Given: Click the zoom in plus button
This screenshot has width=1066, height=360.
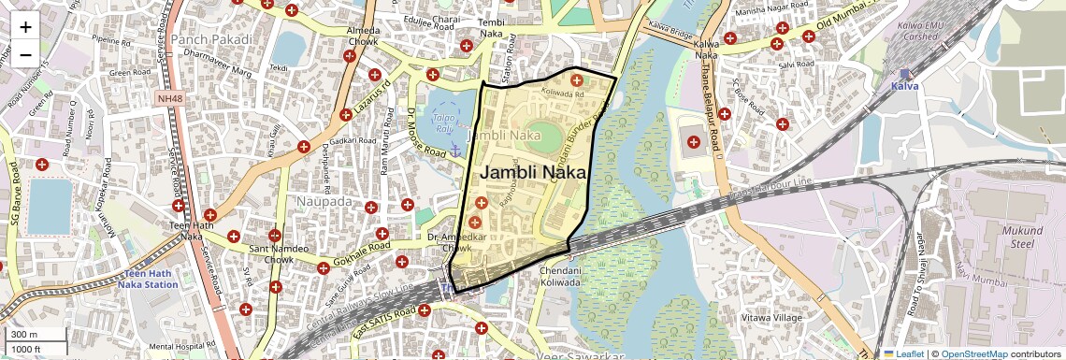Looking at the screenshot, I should click(25, 26).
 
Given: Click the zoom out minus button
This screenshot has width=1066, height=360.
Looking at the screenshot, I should click(25, 54).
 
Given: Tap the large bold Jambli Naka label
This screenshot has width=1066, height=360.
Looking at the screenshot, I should click(533, 173).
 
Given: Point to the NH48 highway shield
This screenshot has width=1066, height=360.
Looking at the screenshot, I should click(170, 97).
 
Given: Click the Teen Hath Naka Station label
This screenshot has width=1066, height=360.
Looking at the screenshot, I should click(148, 278).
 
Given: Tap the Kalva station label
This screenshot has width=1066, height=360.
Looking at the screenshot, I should click(904, 85).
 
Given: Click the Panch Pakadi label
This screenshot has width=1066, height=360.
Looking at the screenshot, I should click(211, 39).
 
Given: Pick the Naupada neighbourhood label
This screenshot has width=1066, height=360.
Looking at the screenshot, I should click(324, 201).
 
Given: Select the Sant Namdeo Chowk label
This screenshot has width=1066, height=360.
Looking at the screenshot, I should click(274, 254).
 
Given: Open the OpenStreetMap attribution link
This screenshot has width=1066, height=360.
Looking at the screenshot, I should click(973, 354).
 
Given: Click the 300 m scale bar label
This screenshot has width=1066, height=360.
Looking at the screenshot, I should click(24, 335).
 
